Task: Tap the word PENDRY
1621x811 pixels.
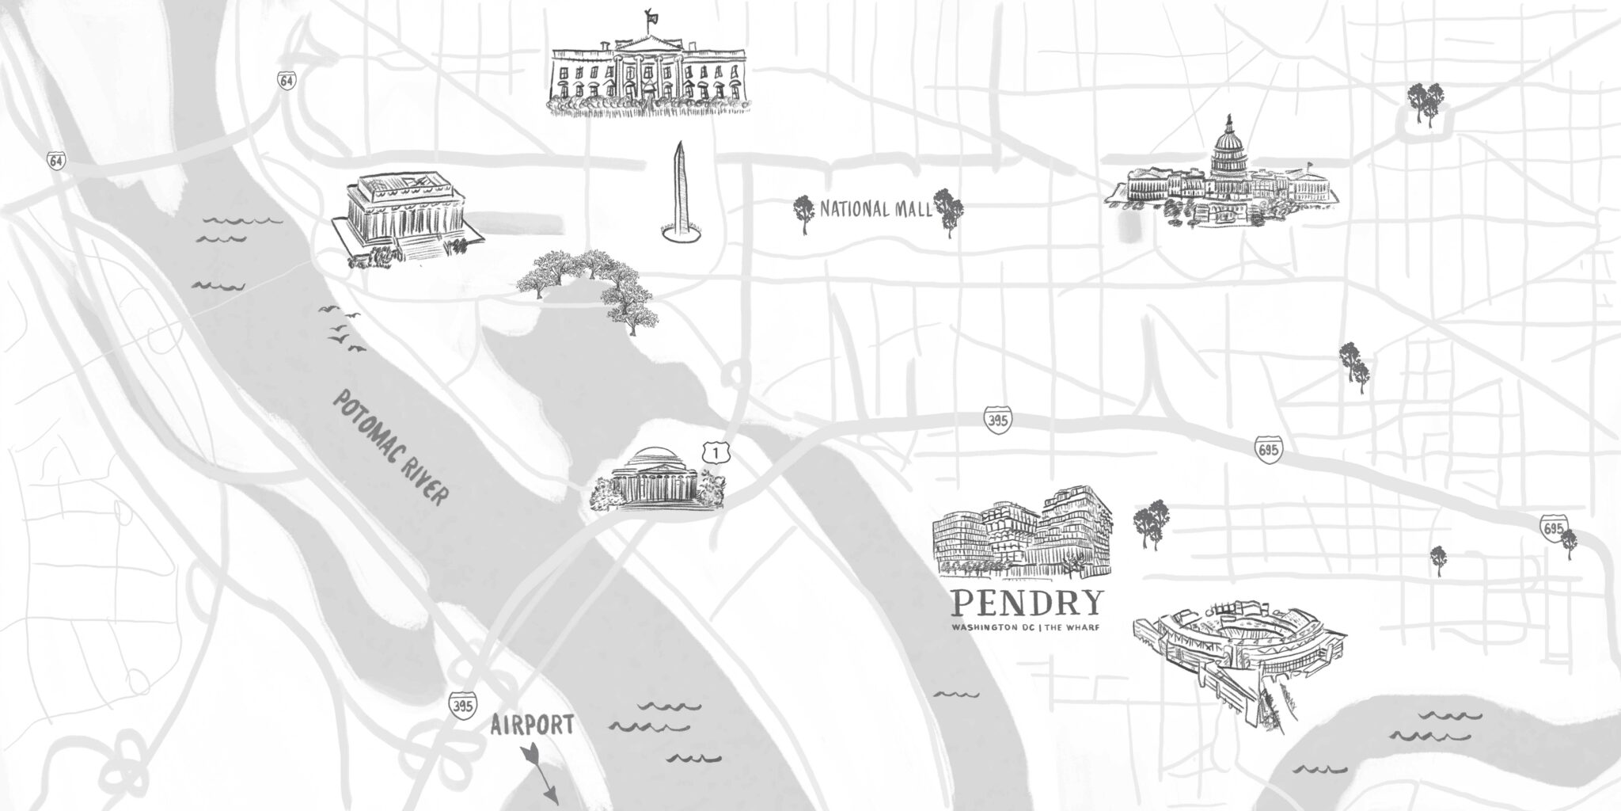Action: point(1027,604)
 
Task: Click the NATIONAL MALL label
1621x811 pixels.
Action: point(876,210)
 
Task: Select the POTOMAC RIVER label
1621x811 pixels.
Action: point(389,447)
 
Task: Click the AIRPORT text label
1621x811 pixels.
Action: point(531,725)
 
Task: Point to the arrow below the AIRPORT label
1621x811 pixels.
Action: point(540,772)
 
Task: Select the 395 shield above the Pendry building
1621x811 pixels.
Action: point(998,419)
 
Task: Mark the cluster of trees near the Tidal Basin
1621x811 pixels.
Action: point(590,285)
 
